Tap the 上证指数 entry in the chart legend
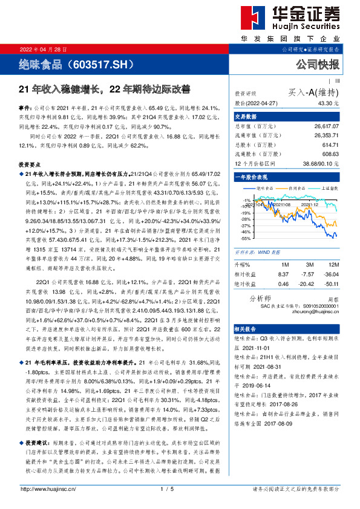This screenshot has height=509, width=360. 324,188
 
